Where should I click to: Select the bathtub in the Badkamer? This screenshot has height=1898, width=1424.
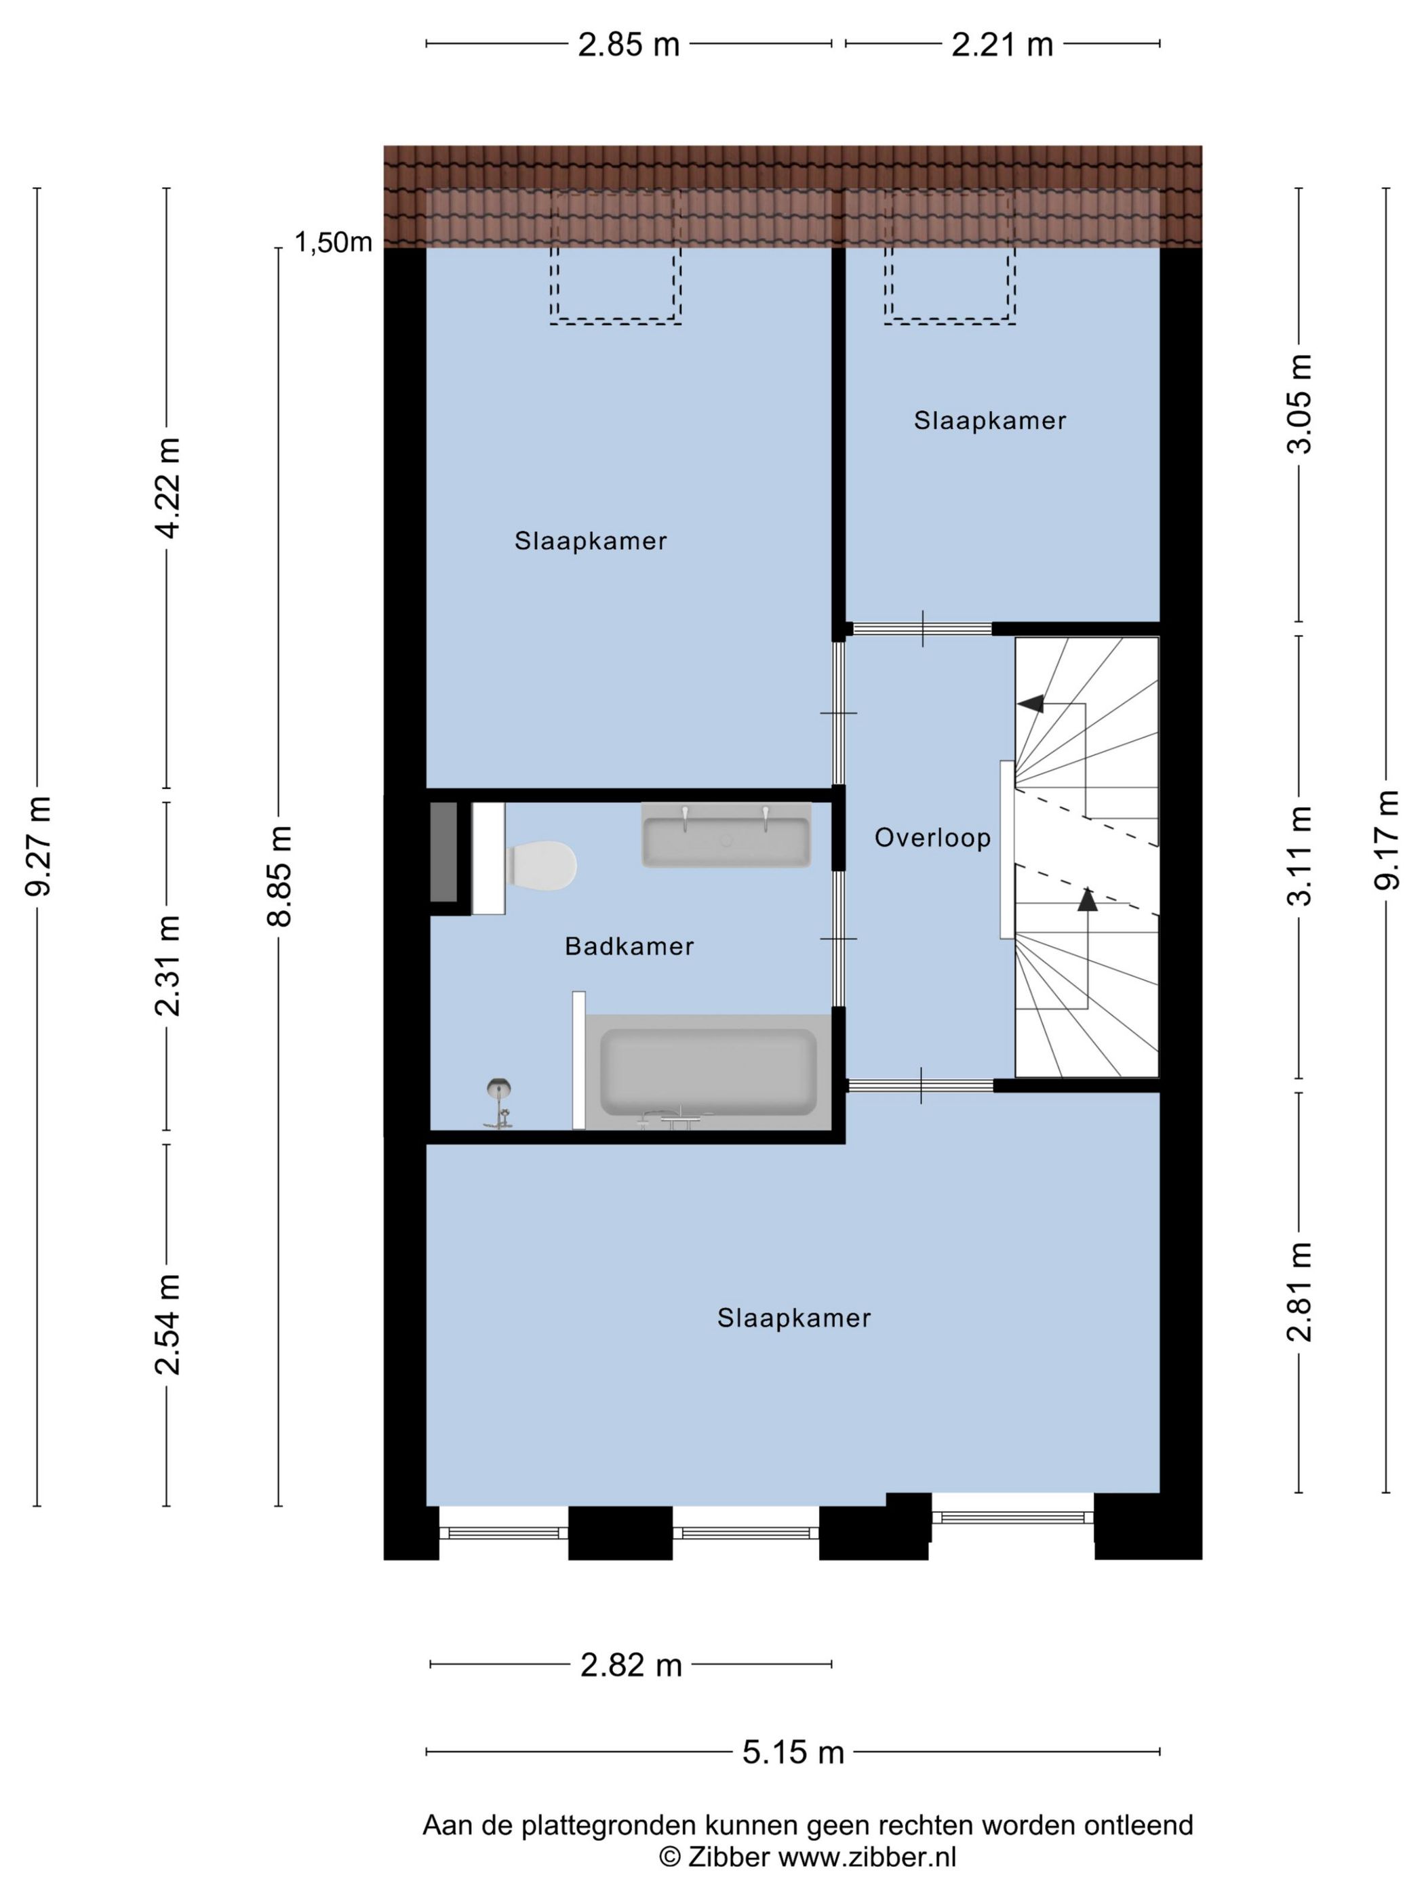(x=707, y=1072)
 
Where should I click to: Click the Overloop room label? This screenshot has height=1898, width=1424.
(x=932, y=837)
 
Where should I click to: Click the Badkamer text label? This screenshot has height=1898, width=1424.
(x=629, y=946)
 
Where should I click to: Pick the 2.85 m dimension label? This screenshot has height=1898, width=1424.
(x=629, y=45)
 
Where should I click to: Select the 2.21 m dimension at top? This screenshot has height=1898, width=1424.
(x=1002, y=45)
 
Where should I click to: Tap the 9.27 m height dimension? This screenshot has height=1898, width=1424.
(x=39, y=846)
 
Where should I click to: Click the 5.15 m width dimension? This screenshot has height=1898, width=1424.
(x=793, y=1752)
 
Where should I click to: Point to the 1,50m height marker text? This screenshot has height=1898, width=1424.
(x=333, y=243)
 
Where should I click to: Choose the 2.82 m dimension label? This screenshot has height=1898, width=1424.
(x=631, y=1665)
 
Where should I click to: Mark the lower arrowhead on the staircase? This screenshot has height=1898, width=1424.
(x=1088, y=900)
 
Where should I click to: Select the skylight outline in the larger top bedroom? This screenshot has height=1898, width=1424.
(x=616, y=258)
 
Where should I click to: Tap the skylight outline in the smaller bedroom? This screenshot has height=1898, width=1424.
(x=949, y=258)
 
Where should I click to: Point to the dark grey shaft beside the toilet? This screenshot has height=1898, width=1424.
(x=443, y=852)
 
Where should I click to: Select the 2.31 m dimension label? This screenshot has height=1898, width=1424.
(x=168, y=965)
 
